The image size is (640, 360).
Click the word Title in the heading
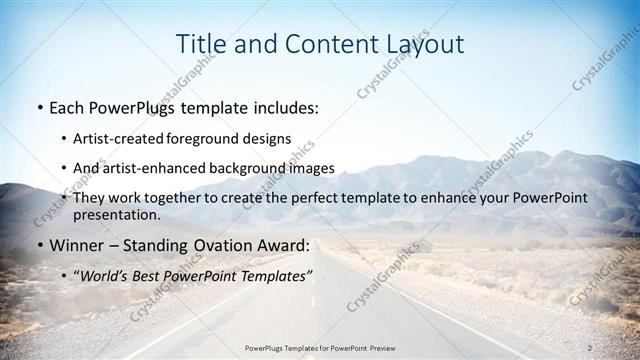pyautogui.click(x=200, y=44)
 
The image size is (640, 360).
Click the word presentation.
pyautogui.click(x=117, y=214)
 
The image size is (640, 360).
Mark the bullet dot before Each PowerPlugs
pyautogui.click(x=39, y=106)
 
